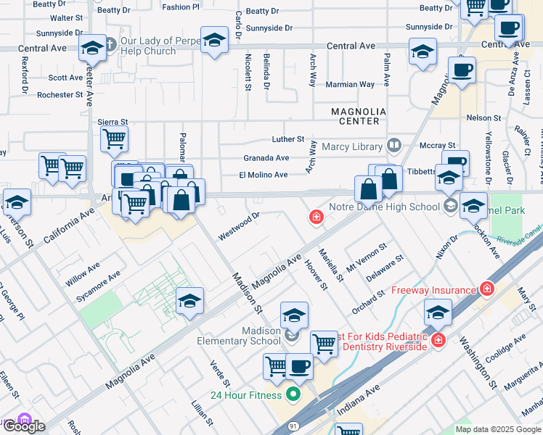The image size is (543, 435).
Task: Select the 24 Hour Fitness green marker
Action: point(293,395)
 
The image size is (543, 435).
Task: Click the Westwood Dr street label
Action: point(239,225)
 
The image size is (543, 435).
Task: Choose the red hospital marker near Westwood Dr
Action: point(316,217)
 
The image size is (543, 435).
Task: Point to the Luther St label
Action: point(287,138)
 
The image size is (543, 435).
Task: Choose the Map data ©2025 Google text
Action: point(497,429)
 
